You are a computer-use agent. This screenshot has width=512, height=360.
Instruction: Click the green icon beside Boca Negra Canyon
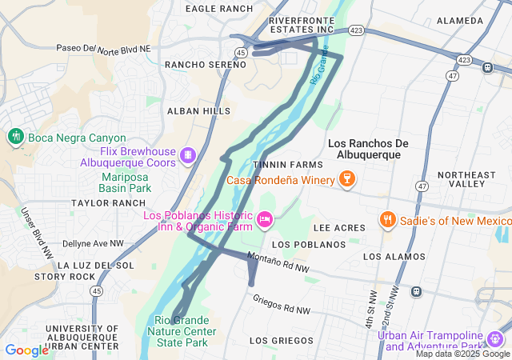point(15,137)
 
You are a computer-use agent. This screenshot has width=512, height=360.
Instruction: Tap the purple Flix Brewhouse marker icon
point(187,154)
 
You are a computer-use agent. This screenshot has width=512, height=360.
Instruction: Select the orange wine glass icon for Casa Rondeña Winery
point(347,178)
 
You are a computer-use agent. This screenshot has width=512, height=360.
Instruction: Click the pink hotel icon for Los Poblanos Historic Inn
point(265,218)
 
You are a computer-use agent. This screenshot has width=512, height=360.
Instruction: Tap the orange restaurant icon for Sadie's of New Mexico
point(387,219)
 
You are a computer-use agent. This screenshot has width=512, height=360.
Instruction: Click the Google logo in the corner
point(26,350)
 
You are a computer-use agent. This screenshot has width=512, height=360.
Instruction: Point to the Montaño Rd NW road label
point(278,262)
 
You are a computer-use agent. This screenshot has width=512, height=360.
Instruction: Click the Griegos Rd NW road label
point(280,304)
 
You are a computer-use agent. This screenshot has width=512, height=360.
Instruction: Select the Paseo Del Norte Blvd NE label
point(103,49)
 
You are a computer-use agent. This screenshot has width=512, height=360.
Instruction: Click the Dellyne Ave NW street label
point(93,242)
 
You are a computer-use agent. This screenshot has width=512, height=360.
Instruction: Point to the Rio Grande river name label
point(319,66)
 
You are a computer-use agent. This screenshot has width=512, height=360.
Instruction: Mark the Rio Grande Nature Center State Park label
point(185,331)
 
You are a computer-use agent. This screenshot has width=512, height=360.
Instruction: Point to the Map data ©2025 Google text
point(462,354)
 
